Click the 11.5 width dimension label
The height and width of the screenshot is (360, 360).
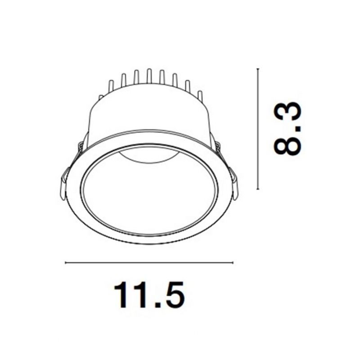pyautogui.click(x=149, y=295)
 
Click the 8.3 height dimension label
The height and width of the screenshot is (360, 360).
pyautogui.click(x=287, y=129)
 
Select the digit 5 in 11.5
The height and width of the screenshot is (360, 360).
pyautogui.click(x=174, y=295)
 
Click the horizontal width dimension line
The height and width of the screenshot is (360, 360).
pyautogui.click(x=149, y=262)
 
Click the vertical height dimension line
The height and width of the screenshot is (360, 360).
pyautogui.click(x=258, y=129)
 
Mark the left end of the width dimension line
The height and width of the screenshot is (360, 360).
pyautogui.click(x=66, y=262)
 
